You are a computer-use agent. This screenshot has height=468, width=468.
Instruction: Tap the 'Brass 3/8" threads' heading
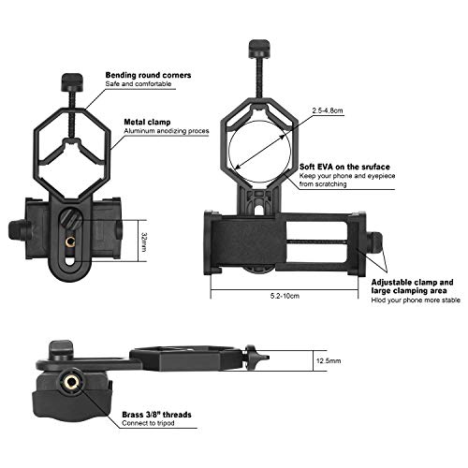pyautogui.click(x=160, y=414)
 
